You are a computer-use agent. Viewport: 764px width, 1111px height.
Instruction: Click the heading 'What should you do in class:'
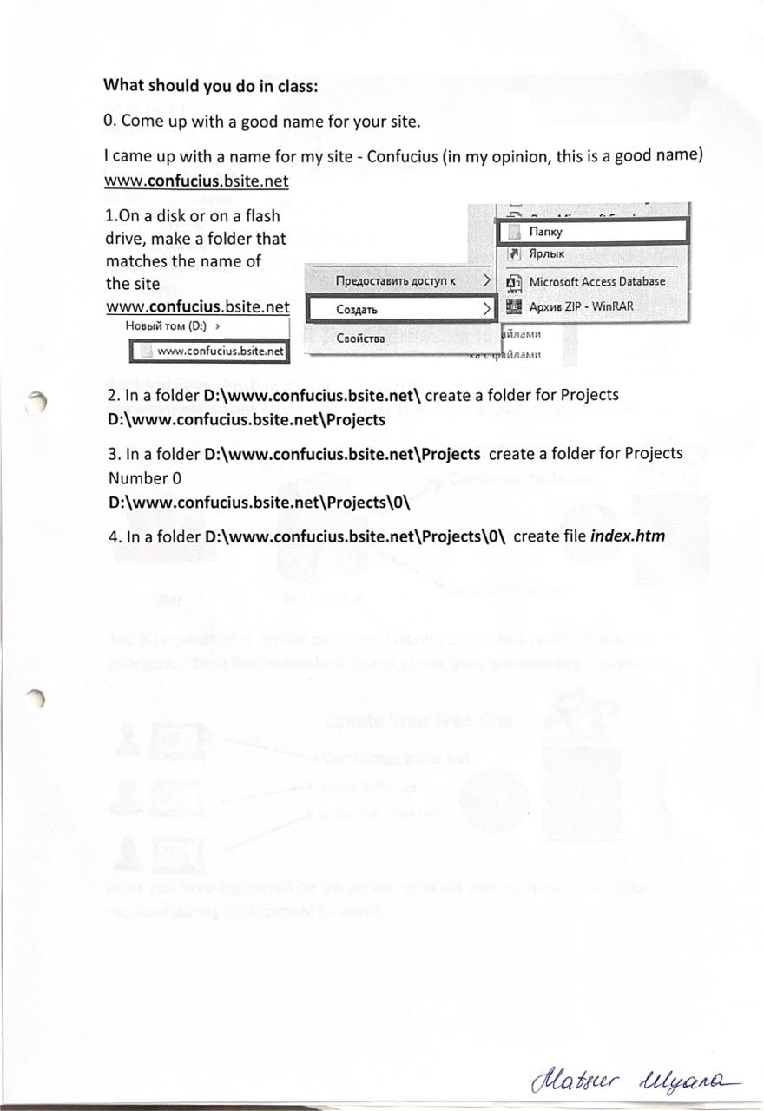tap(211, 85)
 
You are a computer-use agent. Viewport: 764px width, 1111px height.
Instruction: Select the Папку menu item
tap(545, 232)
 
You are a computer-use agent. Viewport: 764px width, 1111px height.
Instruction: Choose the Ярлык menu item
tap(546, 254)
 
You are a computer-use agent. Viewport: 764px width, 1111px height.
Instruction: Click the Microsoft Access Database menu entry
tap(596, 281)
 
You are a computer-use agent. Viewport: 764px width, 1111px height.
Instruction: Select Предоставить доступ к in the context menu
tap(395, 280)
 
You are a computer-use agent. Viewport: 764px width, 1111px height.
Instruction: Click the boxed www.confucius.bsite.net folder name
tap(221, 351)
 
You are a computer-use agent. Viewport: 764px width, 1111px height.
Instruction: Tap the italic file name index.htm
tap(627, 536)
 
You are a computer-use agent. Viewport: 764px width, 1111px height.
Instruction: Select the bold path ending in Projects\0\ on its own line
tap(259, 503)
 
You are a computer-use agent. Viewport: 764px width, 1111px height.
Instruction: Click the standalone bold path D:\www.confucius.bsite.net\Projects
tap(246, 420)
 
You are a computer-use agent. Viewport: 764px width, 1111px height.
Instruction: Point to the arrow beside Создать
tap(487, 309)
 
